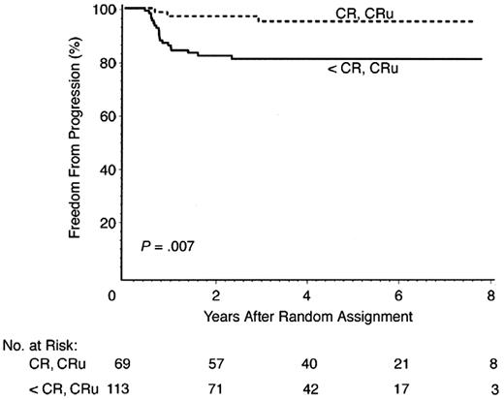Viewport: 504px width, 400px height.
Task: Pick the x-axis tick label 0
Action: [x=113, y=295]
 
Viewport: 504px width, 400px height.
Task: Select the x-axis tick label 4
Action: [x=306, y=295]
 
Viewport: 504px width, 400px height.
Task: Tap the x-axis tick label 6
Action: [x=402, y=295]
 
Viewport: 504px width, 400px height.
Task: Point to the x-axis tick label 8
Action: [x=497, y=295]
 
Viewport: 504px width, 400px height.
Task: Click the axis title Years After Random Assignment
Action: [x=306, y=317]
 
